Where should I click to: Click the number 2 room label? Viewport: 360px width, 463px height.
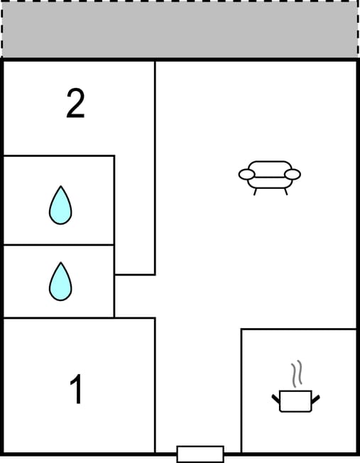point(75,104)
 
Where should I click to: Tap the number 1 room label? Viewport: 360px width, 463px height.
point(76,388)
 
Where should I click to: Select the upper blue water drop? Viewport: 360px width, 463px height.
point(60,205)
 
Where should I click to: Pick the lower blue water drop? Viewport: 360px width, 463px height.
point(60,281)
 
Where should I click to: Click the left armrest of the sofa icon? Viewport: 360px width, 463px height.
point(246,174)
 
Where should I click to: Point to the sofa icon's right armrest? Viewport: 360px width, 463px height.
point(293,174)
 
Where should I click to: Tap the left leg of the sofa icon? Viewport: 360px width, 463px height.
point(255,192)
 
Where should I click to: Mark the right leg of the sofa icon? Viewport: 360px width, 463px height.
point(286,192)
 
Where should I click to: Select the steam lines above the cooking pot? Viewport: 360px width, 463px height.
point(297,374)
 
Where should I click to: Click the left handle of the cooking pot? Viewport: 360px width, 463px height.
point(276,398)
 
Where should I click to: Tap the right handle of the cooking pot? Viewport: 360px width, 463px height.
point(315,398)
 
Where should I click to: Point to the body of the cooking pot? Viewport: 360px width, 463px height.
point(295,401)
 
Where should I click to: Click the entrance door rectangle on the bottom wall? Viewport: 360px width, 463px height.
point(200,454)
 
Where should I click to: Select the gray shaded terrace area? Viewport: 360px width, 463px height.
point(180,30)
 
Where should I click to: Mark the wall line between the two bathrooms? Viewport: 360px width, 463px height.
point(58,245)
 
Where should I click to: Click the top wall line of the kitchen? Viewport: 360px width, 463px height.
point(299,329)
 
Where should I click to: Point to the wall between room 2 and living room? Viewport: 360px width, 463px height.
point(155,168)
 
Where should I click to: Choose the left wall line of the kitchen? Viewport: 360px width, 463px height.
point(241,391)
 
